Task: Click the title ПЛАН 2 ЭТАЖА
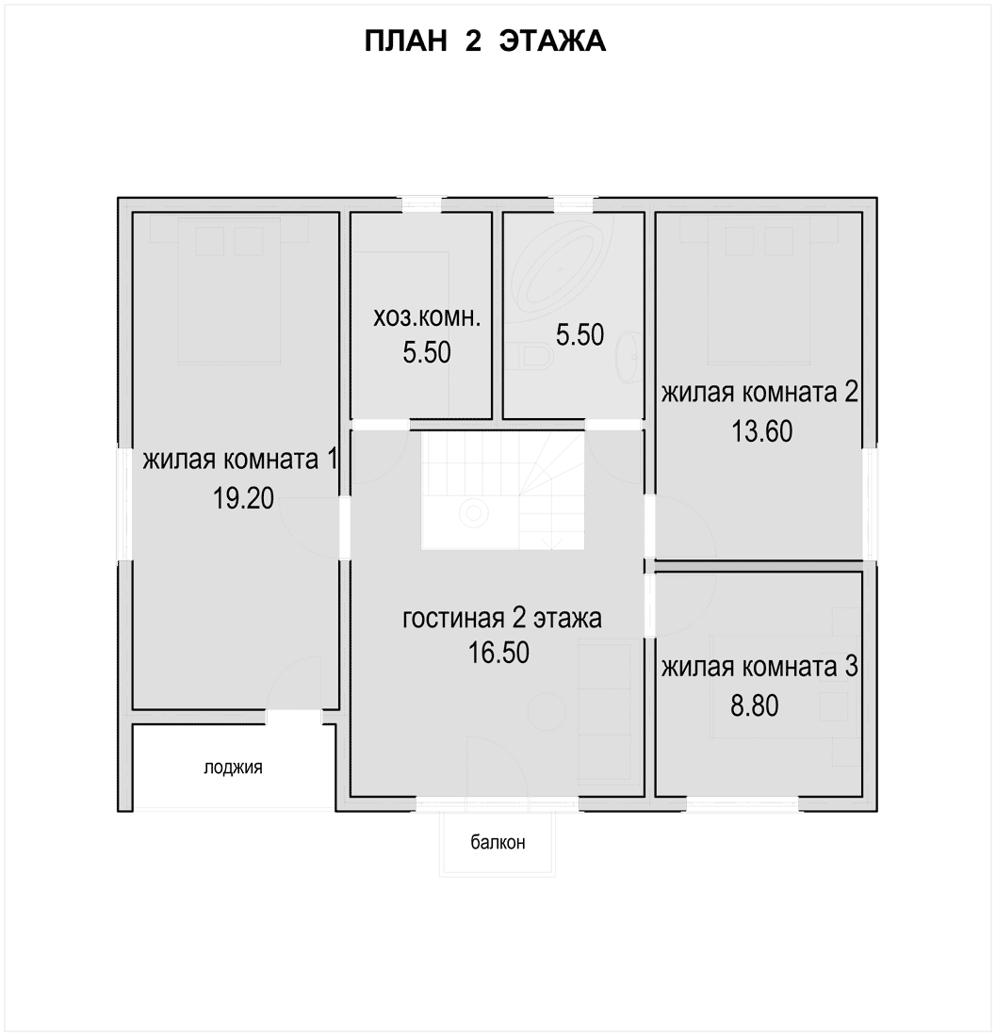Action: click(485, 40)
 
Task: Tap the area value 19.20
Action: click(243, 498)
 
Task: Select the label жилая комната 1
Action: click(240, 460)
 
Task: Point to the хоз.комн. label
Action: click(427, 317)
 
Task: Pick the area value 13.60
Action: click(761, 431)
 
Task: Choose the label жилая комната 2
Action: click(759, 393)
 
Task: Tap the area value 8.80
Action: click(754, 705)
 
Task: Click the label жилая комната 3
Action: click(759, 668)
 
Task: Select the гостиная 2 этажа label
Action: click(502, 619)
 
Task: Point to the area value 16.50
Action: click(499, 653)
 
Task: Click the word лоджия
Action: click(233, 768)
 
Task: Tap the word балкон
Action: click(498, 842)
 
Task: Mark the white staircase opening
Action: click(503, 491)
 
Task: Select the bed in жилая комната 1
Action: click(229, 291)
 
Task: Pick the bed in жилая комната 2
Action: click(759, 291)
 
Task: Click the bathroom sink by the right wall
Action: click(629, 357)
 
